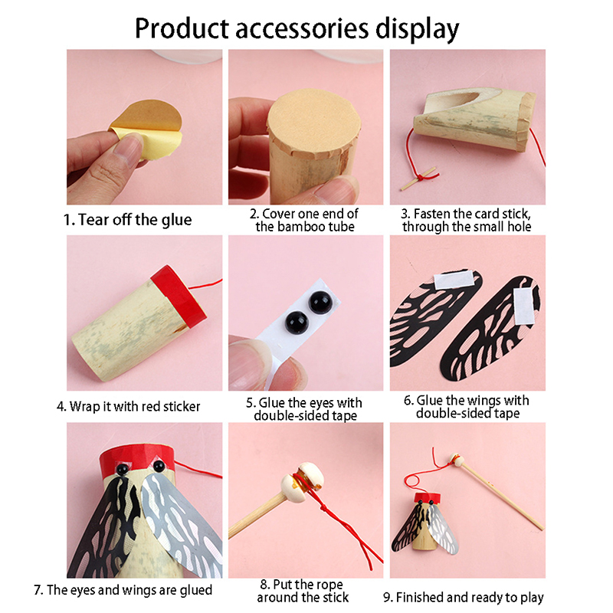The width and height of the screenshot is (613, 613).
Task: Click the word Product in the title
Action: click(x=182, y=28)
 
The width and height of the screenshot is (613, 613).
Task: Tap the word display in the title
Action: click(x=417, y=30)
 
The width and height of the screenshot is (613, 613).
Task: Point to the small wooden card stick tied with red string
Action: click(x=418, y=179)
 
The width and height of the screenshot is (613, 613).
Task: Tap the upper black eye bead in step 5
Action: click(x=320, y=302)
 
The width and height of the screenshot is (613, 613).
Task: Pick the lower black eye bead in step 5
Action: click(x=297, y=323)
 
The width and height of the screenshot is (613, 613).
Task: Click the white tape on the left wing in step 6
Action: click(x=454, y=280)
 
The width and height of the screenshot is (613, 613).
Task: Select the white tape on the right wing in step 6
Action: click(x=524, y=306)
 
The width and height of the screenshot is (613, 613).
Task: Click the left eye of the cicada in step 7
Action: click(x=122, y=468)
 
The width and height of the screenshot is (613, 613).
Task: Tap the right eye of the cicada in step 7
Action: click(x=159, y=466)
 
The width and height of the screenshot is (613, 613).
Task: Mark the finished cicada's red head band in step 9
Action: click(x=427, y=499)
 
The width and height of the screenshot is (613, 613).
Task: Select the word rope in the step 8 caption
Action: click(x=329, y=585)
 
